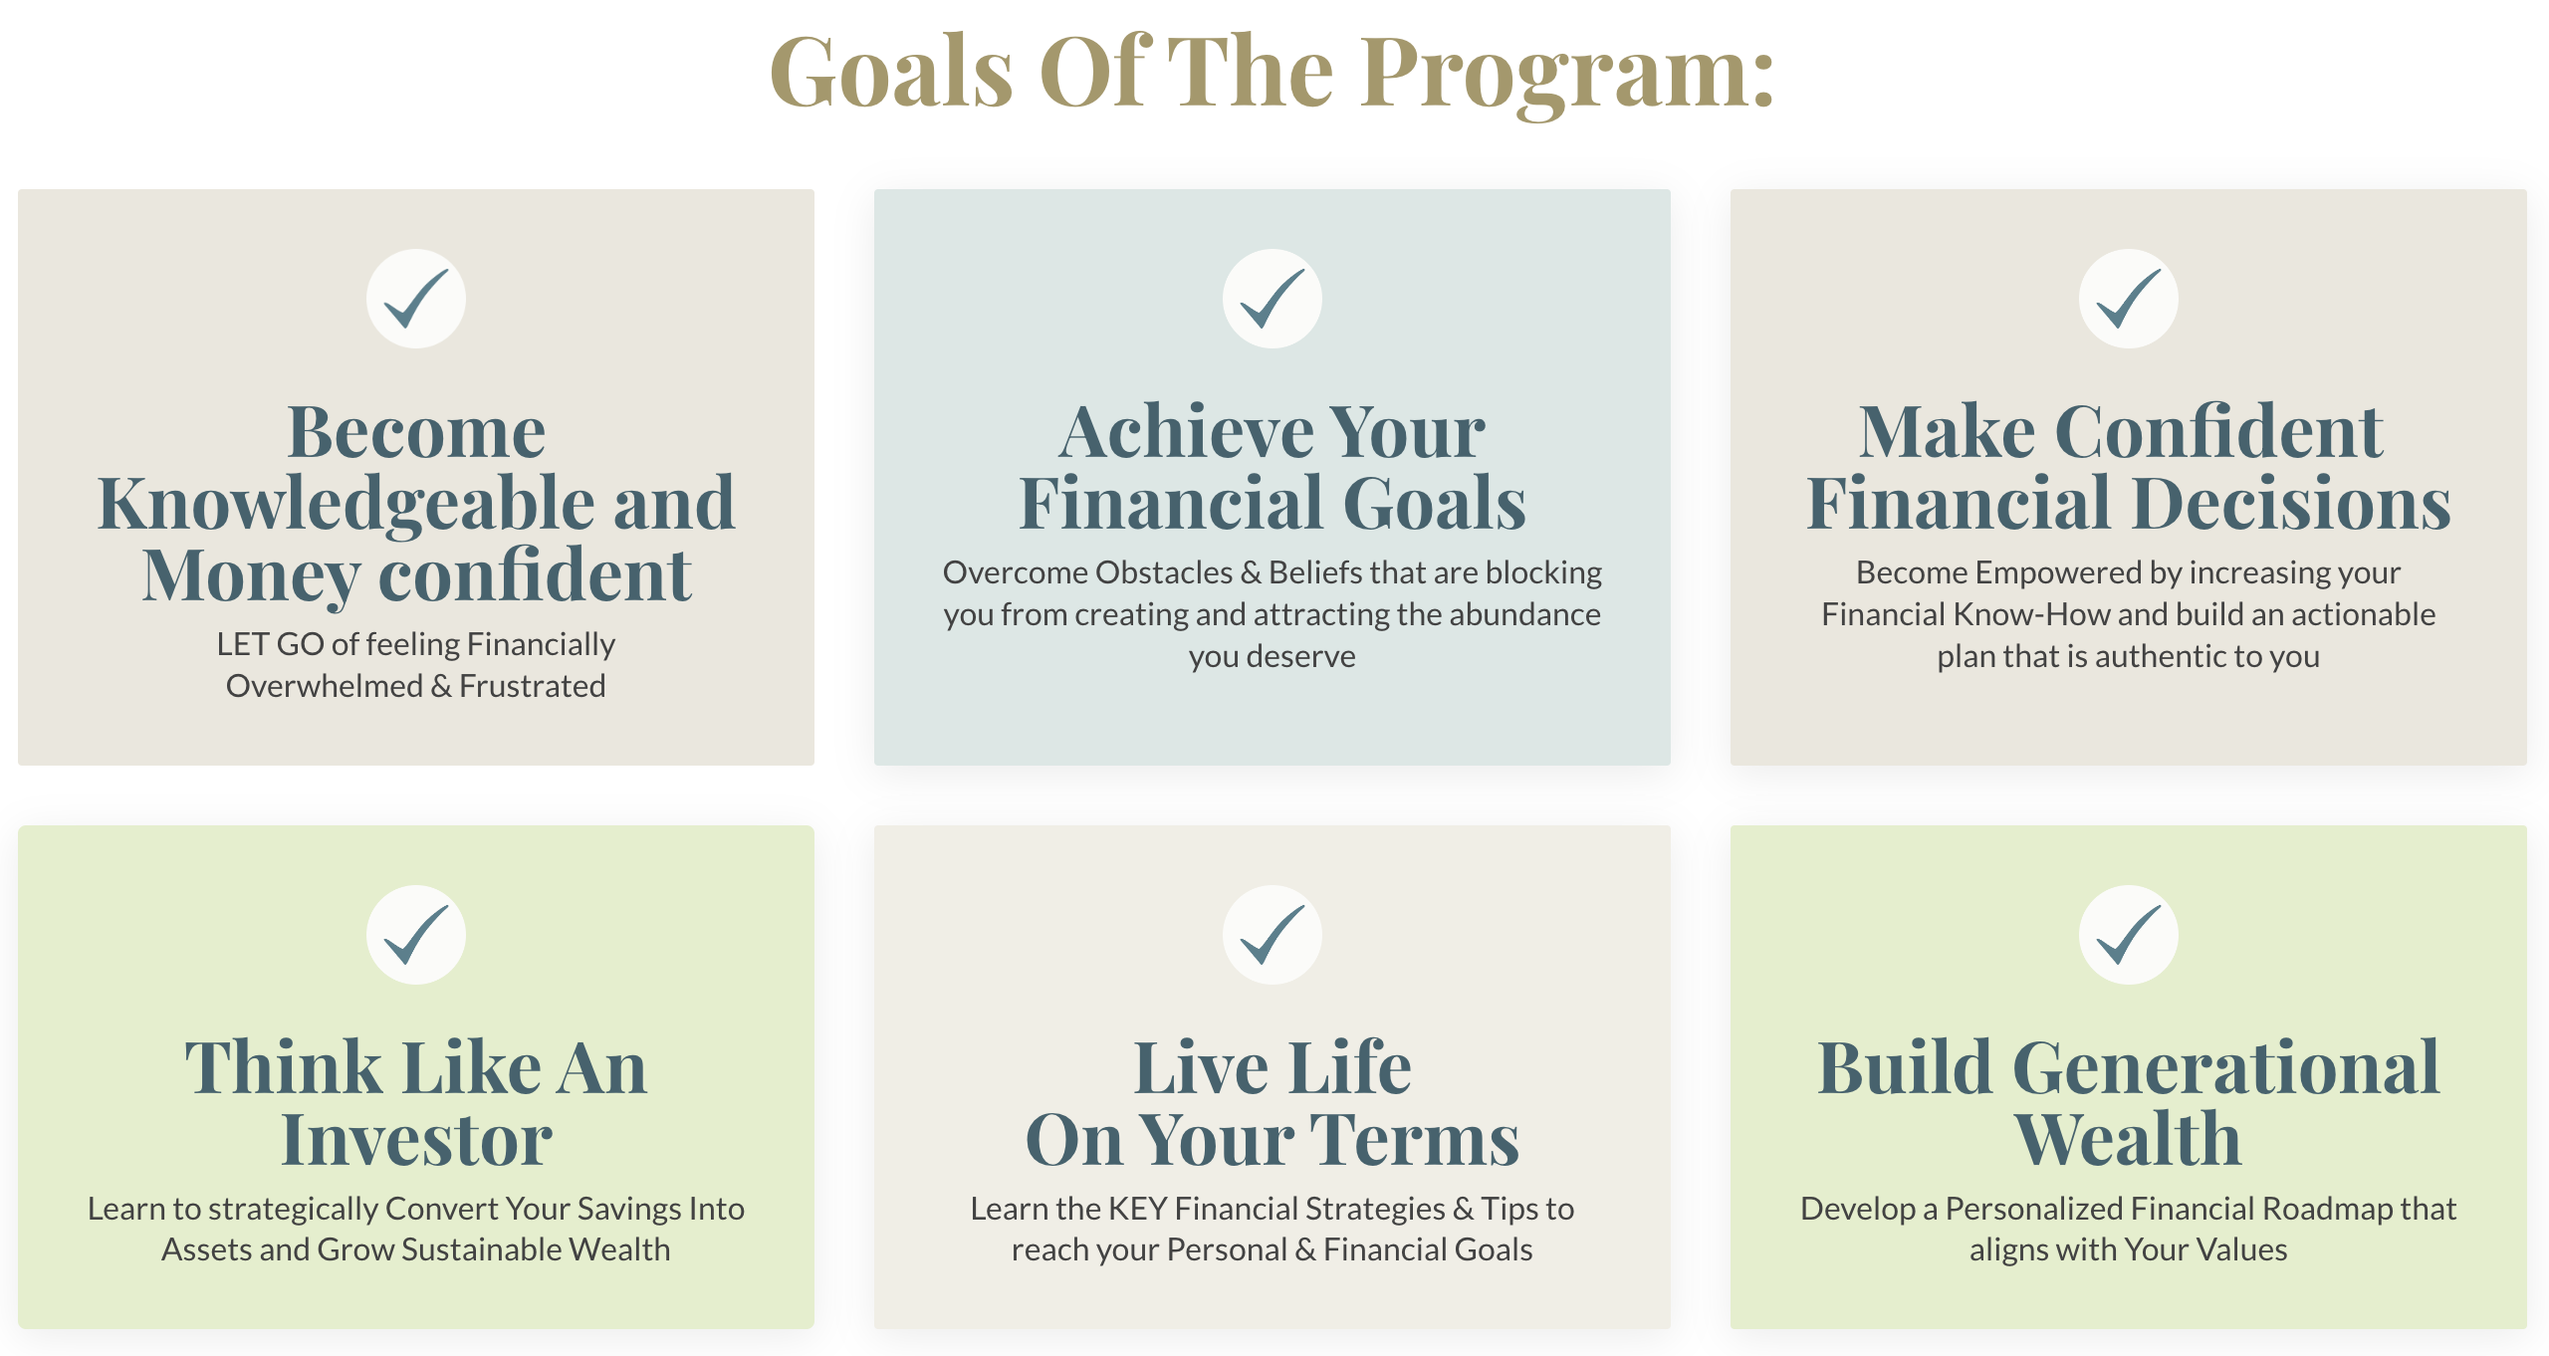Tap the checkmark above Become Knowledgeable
click(x=416, y=299)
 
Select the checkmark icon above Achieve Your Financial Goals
click(x=1273, y=299)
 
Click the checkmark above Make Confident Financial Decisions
click(x=2129, y=299)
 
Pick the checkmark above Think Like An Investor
click(x=416, y=935)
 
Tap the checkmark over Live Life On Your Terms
click(x=1273, y=935)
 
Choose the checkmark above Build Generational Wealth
click(x=2129, y=935)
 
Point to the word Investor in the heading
click(x=416, y=1139)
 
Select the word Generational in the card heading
click(x=2226, y=1067)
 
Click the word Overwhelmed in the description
click(x=324, y=686)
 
